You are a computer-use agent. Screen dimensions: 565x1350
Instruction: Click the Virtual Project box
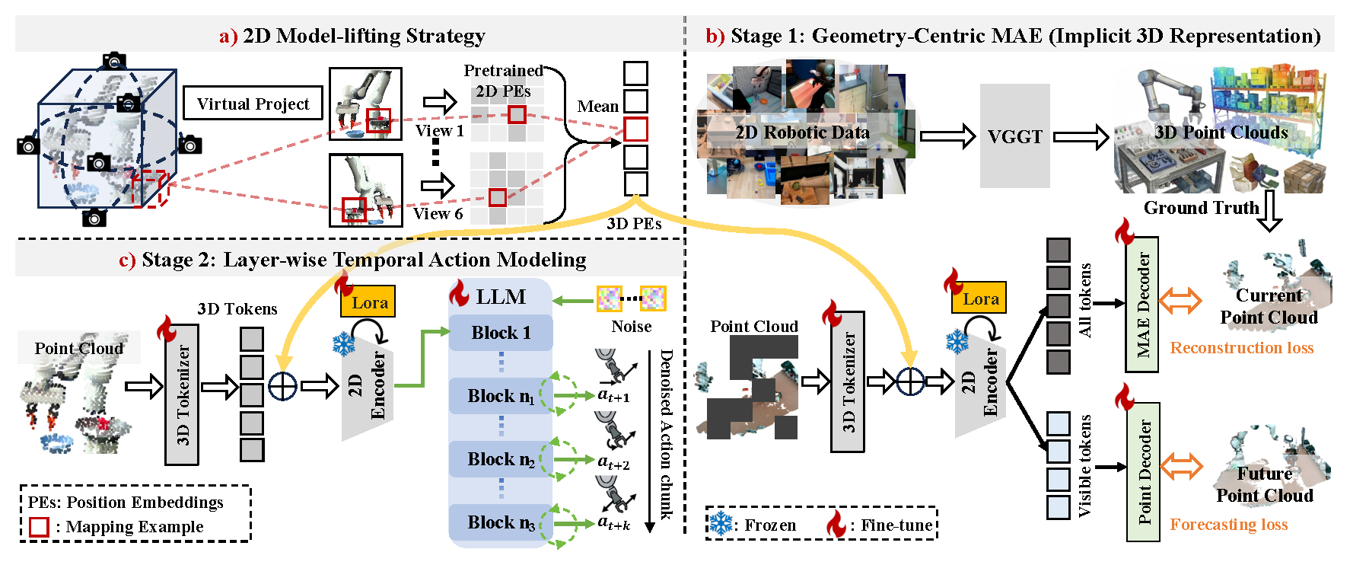pyautogui.click(x=253, y=103)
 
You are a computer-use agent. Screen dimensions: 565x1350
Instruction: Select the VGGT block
pyautogui.click(x=1014, y=136)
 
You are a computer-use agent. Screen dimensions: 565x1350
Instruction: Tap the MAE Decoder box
pyautogui.click(x=1142, y=305)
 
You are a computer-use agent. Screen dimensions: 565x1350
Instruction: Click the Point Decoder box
pyautogui.click(x=1143, y=471)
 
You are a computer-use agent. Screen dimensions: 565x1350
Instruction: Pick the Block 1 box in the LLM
pyautogui.click(x=501, y=333)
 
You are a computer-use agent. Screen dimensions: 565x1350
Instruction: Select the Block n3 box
pyautogui.click(x=501, y=522)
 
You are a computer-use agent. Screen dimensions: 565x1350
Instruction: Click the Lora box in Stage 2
pyautogui.click(x=369, y=302)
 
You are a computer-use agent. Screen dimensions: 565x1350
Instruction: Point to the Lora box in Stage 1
pyautogui.click(x=980, y=298)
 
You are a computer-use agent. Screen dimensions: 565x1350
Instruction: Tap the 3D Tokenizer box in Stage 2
pyautogui.click(x=182, y=394)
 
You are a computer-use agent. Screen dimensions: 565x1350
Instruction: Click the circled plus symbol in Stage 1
pyautogui.click(x=910, y=381)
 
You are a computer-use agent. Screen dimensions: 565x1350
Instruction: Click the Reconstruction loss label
pyautogui.click(x=1241, y=348)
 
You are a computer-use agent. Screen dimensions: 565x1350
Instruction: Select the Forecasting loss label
pyautogui.click(x=1228, y=525)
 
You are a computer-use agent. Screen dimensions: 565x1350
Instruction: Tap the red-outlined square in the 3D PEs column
pyautogui.click(x=635, y=129)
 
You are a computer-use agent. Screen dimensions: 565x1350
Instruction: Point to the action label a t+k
pyautogui.click(x=613, y=523)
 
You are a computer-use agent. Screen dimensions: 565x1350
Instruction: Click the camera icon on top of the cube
pyautogui.click(x=114, y=60)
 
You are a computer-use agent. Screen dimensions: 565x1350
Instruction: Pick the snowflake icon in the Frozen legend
pyautogui.click(x=720, y=524)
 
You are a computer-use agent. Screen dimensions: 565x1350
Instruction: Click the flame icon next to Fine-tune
pyautogui.click(x=836, y=524)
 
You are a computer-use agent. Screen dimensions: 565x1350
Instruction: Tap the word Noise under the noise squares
pyautogui.click(x=631, y=327)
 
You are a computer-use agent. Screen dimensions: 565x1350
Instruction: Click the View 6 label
pyautogui.click(x=438, y=214)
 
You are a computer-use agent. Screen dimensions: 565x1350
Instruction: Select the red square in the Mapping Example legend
pyautogui.click(x=39, y=527)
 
